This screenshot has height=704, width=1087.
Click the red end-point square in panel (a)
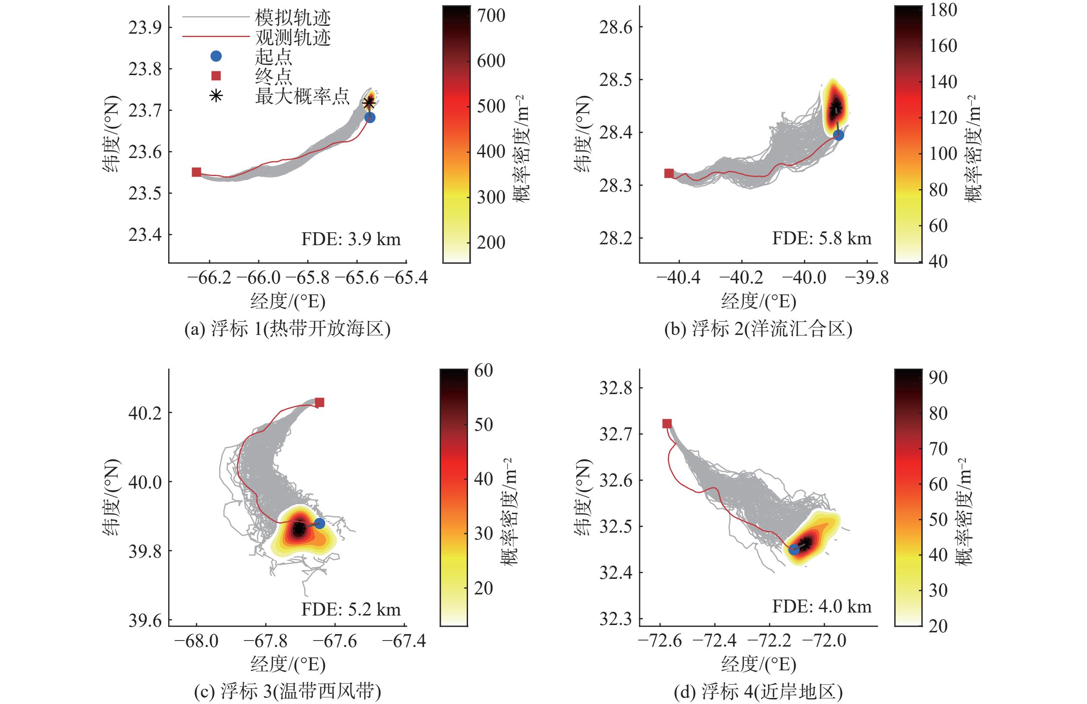[x=196, y=172]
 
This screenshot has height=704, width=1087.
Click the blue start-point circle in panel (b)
[x=838, y=135]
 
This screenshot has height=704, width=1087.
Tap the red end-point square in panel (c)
[x=320, y=402]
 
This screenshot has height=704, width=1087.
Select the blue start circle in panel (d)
[x=794, y=549]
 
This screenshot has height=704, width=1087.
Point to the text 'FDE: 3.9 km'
[x=351, y=239]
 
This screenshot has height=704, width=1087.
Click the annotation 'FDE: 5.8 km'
[x=822, y=238]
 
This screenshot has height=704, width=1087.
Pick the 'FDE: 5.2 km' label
[x=351, y=609]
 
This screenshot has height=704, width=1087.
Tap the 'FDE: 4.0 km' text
[x=822, y=606]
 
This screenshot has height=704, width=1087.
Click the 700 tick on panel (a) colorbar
[x=491, y=16]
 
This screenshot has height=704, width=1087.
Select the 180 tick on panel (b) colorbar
[x=943, y=9]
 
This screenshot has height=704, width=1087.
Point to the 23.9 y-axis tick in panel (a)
[x=145, y=28]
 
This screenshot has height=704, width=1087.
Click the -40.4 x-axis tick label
[x=678, y=278]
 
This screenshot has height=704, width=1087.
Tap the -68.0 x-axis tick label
[x=196, y=641]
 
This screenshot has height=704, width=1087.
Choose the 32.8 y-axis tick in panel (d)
[x=616, y=388]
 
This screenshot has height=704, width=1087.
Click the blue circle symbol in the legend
[x=216, y=56]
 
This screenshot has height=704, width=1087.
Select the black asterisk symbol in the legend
[x=216, y=95]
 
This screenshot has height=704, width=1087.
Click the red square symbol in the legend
[x=216, y=76]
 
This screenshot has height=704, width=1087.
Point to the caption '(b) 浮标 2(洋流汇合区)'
[x=758, y=328]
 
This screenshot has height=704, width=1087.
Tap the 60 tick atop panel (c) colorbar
[x=483, y=370]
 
